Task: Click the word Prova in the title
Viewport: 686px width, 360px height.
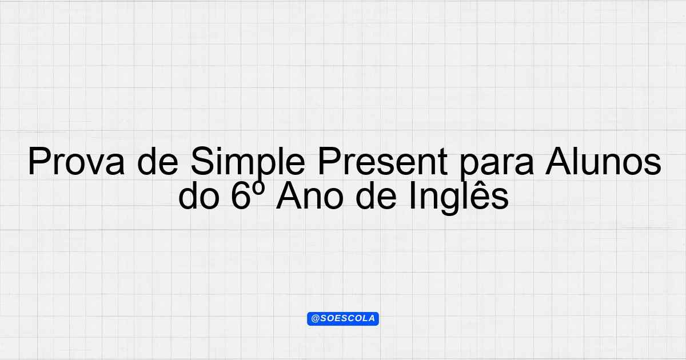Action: pos(76,161)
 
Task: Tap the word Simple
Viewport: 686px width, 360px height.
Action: pos(248,163)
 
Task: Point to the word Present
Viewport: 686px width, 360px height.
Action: pos(382,161)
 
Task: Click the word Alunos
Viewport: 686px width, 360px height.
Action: pos(603,161)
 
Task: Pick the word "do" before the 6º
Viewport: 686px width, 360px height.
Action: pos(199,195)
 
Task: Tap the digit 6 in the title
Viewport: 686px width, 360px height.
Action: pos(241,195)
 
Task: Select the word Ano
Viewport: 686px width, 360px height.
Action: pos(309,195)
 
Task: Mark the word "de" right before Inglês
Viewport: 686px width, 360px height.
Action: pos(376,195)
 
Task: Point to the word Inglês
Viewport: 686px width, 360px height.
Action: pos(458,198)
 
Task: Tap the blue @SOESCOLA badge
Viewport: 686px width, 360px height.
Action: pos(343,319)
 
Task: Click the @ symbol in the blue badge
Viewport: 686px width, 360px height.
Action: pos(316,319)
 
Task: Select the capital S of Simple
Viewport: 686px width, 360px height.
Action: pos(203,161)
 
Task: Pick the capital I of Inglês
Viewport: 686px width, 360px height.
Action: pos(412,195)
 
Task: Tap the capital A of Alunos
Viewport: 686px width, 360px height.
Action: pos(559,161)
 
